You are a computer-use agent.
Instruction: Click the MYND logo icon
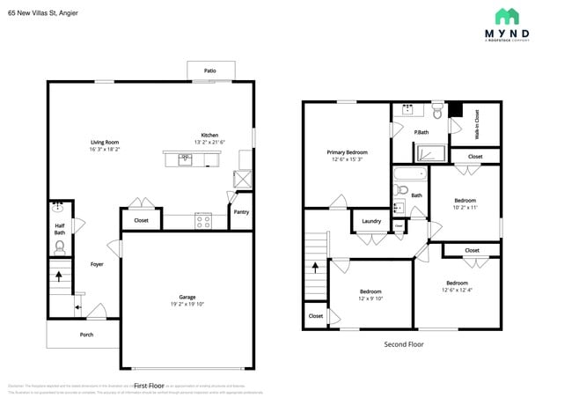(506, 16)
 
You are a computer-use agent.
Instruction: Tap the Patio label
(209, 71)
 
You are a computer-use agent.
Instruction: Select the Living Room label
(105, 142)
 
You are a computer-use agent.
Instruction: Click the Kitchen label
(209, 135)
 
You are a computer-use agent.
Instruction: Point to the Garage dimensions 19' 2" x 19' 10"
(187, 304)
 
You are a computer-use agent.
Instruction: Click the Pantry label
(240, 212)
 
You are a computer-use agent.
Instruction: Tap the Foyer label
(97, 263)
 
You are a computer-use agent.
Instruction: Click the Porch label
(86, 335)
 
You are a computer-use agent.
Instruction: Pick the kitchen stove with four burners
(203, 221)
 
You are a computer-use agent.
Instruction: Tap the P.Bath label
(421, 132)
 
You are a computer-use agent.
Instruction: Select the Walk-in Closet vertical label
(477, 125)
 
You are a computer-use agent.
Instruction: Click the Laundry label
(370, 221)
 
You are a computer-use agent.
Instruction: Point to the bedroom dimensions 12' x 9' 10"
(370, 298)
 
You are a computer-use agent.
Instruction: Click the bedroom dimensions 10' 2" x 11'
(465, 208)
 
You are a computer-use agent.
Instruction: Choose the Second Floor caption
(404, 344)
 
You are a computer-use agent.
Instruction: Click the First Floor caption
(150, 386)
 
